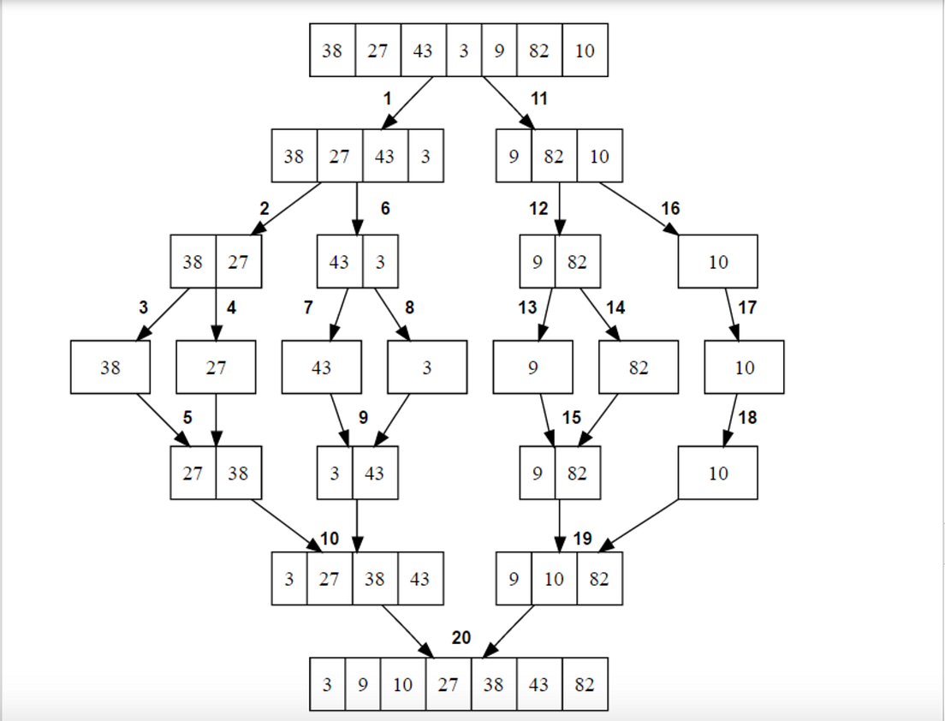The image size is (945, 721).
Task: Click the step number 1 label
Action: [387, 99]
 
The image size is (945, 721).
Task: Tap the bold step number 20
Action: [461, 638]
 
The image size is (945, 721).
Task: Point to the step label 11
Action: [538, 99]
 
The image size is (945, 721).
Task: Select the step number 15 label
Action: [572, 418]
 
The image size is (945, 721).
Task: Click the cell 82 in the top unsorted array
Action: [539, 51]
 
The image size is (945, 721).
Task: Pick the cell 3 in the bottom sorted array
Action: [328, 684]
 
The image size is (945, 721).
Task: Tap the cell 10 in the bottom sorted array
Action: [402, 684]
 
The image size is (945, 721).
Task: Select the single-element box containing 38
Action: [110, 367]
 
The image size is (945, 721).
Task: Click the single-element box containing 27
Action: [216, 367]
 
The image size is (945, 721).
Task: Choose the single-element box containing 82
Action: [639, 367]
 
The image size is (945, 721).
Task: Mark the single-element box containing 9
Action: [532, 367]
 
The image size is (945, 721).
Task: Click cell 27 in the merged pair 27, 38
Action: [193, 473]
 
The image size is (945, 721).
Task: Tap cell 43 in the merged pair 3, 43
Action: [374, 473]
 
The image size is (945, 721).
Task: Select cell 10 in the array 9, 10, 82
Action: [554, 579]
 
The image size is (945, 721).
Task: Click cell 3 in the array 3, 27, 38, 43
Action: [289, 579]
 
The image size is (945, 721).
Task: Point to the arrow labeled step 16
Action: [639, 208]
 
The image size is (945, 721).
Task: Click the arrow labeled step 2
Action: [288, 208]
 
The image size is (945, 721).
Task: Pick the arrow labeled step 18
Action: [731, 420]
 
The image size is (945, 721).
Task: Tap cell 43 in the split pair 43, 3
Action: [339, 261]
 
